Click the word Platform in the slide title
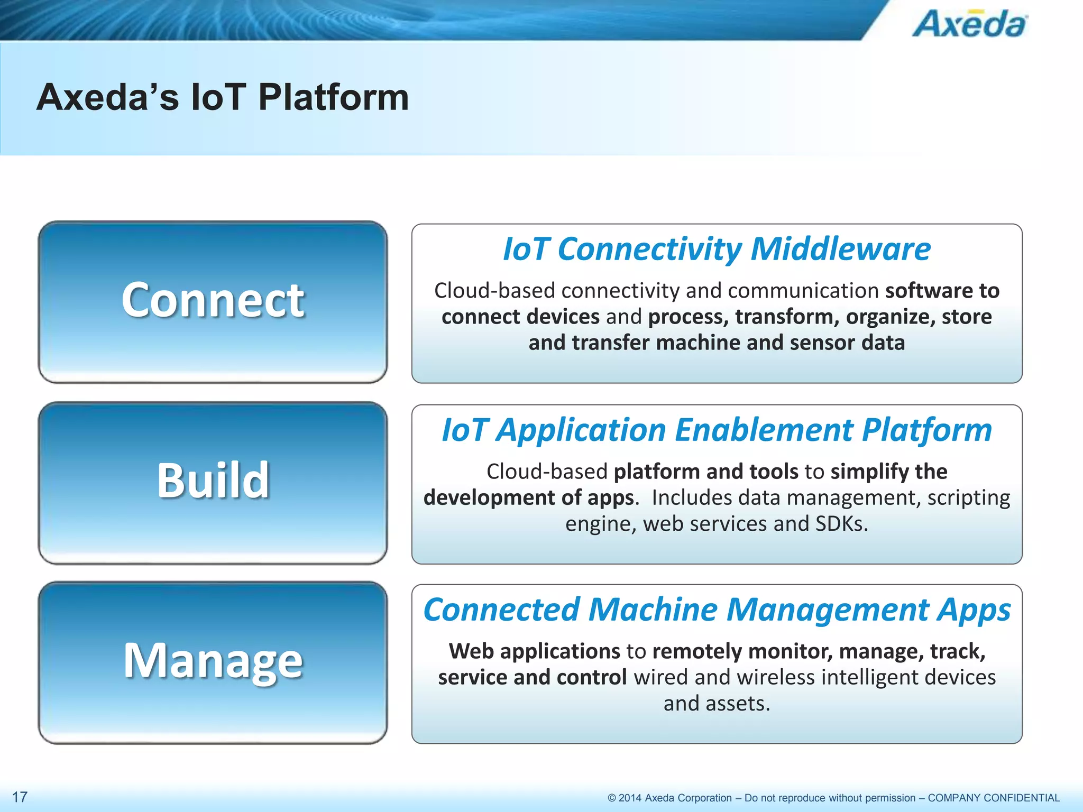[333, 98]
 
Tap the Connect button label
[213, 300]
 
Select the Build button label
[213, 480]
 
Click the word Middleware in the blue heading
[840, 249]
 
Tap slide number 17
[20, 797]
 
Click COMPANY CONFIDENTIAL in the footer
[994, 798]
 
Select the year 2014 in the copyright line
[630, 798]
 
